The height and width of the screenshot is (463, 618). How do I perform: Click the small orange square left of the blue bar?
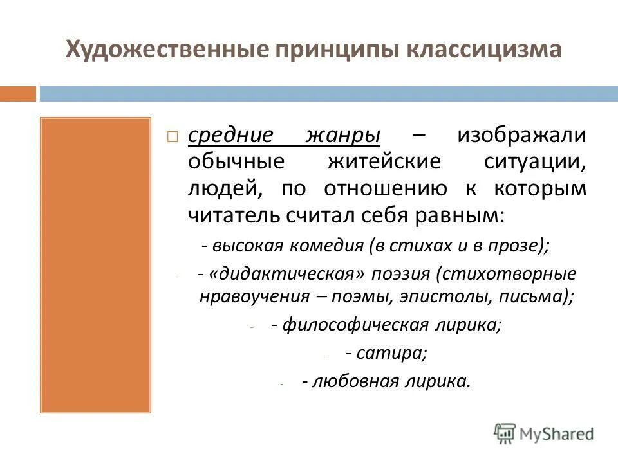(18, 94)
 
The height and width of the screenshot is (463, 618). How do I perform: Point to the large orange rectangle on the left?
(95, 264)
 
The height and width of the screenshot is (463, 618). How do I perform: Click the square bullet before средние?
(173, 137)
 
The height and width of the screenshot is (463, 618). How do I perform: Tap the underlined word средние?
(231, 136)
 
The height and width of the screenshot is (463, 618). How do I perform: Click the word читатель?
(235, 214)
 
